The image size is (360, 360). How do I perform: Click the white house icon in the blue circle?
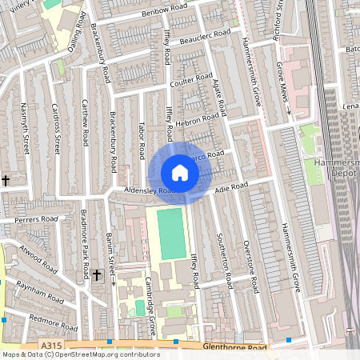click(x=180, y=173)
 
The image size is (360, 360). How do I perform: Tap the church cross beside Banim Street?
click(x=97, y=274)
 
